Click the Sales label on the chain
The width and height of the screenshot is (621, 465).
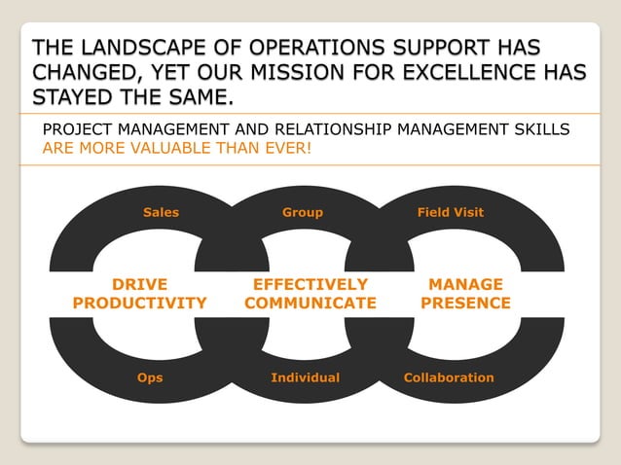161,212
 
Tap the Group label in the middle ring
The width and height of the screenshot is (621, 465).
302,212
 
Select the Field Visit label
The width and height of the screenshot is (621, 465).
450,212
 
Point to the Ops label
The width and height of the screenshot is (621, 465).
150,377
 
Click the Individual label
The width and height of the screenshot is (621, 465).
305,377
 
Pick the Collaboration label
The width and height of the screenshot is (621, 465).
449,377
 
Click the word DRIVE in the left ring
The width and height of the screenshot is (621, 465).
139,284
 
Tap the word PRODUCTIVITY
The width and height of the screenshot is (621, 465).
139,304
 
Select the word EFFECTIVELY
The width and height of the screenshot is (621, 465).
310,284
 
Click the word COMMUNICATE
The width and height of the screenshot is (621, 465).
310,304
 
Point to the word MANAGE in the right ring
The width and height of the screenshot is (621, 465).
466,284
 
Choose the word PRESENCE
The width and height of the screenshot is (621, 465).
465,304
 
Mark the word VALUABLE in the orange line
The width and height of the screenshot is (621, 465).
172,149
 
